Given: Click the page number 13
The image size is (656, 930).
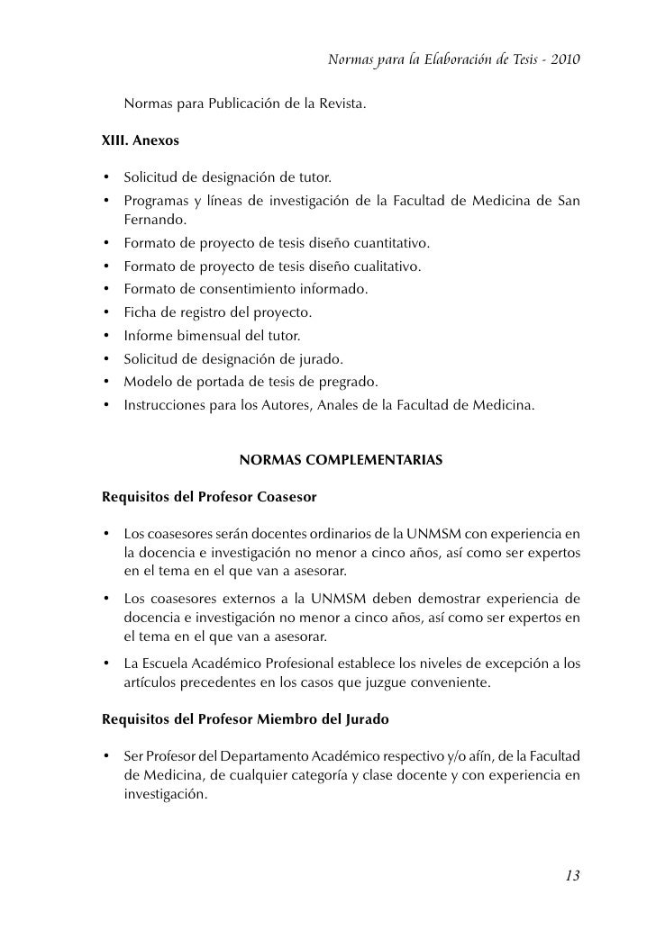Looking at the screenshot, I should pyautogui.click(x=572, y=875).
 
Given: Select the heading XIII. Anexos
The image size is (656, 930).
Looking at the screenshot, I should pyautogui.click(x=141, y=141).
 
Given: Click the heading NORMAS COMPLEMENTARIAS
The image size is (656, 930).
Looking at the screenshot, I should pyautogui.click(x=341, y=460).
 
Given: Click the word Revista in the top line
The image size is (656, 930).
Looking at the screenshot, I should pyautogui.click(x=338, y=104).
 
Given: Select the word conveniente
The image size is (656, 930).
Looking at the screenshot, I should pyautogui.click(x=442, y=682).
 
